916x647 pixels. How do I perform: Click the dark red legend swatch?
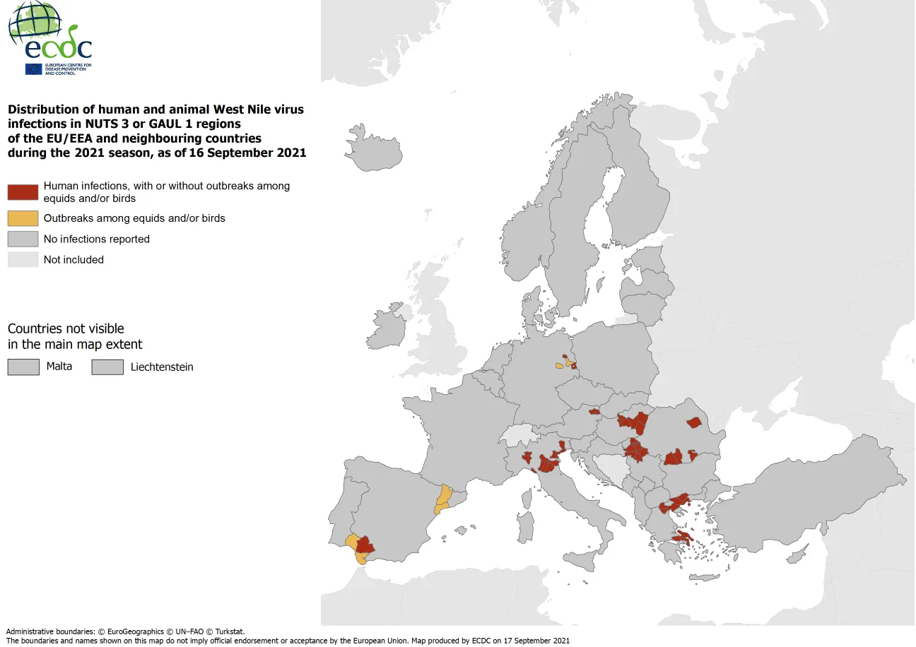tap(23, 192)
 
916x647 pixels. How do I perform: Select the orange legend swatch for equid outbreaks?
tap(23, 218)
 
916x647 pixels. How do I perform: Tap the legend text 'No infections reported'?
tap(96, 239)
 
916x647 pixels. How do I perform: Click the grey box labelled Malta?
tap(23, 367)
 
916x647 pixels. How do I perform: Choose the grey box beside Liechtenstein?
tap(107, 367)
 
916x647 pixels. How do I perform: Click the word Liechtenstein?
tap(162, 367)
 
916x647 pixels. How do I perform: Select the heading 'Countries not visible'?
tap(66, 328)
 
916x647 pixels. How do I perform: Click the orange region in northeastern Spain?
tap(444, 498)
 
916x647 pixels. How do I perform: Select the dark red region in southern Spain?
tap(365, 545)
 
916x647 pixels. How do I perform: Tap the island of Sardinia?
tap(524, 528)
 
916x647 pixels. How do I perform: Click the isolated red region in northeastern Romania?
tap(694, 422)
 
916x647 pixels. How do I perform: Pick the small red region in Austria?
tap(594, 410)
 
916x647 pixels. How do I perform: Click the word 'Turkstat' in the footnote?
tap(228, 631)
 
